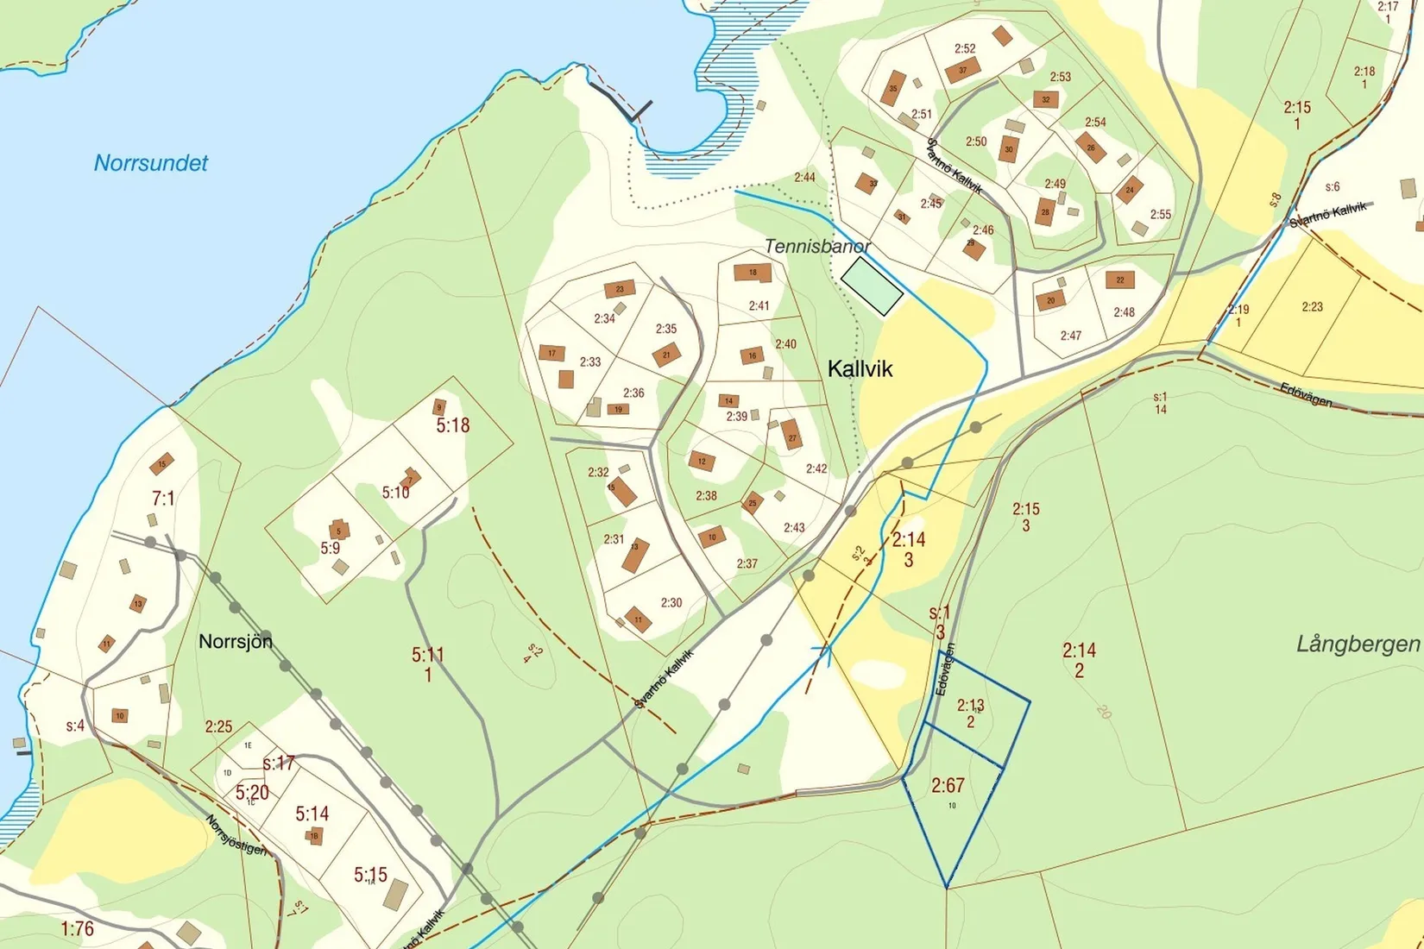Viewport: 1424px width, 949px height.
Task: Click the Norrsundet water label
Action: click(151, 163)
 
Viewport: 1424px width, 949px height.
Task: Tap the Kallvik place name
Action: click(860, 369)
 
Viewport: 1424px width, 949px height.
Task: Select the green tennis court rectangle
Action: click(872, 286)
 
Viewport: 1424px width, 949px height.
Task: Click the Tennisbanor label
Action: click(816, 247)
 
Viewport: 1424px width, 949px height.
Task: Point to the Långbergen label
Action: click(1358, 644)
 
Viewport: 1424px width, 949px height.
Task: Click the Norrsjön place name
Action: click(236, 642)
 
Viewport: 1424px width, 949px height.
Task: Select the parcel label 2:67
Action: click(948, 785)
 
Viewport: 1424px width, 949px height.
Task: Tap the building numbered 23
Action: click(620, 289)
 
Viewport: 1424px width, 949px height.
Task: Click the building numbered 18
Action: click(753, 273)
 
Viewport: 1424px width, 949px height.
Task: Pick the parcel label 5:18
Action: click(452, 425)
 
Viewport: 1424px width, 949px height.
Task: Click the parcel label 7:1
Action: click(163, 498)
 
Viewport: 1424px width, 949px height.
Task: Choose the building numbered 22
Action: click(1120, 280)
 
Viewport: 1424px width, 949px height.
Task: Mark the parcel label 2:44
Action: click(804, 178)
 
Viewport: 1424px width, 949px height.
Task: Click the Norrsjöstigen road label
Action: click(236, 835)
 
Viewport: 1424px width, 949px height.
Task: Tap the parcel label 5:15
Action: click(370, 874)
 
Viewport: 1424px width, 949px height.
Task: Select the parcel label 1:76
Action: click(77, 928)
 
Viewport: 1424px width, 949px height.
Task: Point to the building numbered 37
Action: click(963, 70)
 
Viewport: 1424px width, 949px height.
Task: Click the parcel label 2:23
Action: click(1312, 306)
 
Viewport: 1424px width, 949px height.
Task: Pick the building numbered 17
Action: click(551, 353)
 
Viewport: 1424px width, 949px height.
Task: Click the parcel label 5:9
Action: click(331, 548)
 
